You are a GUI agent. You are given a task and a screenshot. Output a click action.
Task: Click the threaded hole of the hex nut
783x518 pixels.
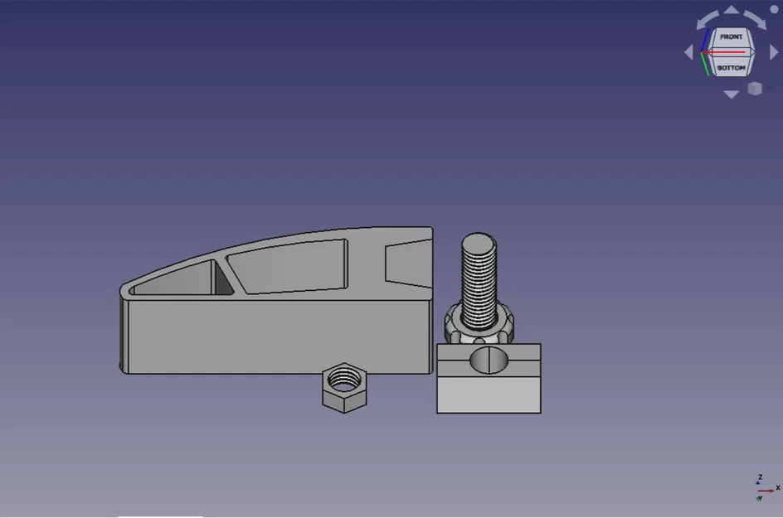coord(343,380)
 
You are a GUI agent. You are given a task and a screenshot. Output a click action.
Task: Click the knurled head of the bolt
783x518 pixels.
coord(479,327)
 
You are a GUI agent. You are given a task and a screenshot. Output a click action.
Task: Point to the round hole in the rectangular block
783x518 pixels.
coord(489,361)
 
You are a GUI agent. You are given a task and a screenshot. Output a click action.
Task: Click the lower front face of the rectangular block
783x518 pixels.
coord(489,395)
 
